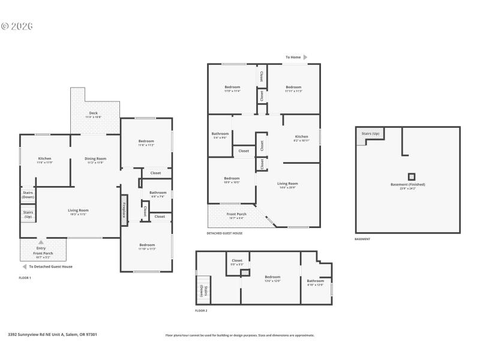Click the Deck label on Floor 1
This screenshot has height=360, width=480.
[x=93, y=113]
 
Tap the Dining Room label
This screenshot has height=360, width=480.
[x=96, y=159]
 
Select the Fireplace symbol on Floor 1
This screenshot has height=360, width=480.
[x=124, y=210]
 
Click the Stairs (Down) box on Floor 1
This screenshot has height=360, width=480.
[x=28, y=195]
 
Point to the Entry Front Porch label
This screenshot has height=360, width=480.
[x=41, y=250]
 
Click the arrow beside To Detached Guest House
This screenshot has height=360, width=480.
[x=25, y=266]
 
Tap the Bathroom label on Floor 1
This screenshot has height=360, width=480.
[x=158, y=193]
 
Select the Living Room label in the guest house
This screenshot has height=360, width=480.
[x=287, y=184]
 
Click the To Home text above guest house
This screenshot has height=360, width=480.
[x=293, y=58]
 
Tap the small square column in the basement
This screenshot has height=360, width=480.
[x=411, y=176]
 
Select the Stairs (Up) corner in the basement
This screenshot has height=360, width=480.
[x=370, y=135]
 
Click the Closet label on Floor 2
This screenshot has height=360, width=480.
[x=236, y=262]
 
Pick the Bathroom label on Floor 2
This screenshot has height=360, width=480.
[x=315, y=281]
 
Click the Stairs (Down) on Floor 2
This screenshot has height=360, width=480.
[x=202, y=290]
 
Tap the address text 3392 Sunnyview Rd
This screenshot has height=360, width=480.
[x=52, y=335]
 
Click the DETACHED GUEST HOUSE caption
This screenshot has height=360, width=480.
[x=224, y=233]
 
